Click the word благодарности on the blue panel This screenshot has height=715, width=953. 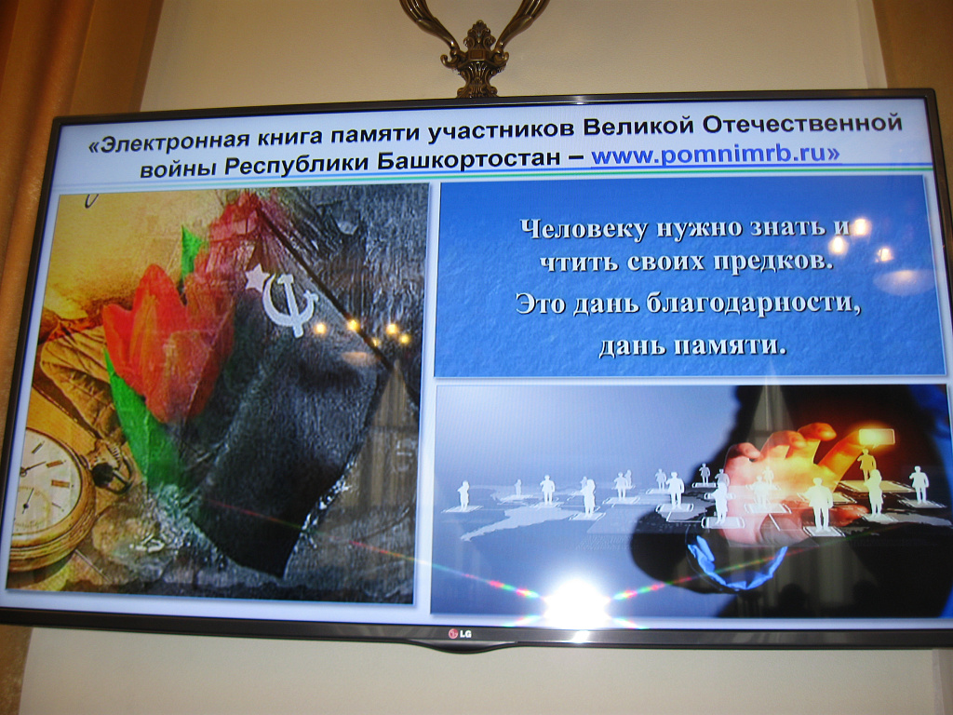754,304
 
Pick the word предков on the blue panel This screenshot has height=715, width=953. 772,263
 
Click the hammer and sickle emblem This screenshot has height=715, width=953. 290,304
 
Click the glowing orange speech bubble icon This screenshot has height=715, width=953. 875,437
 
